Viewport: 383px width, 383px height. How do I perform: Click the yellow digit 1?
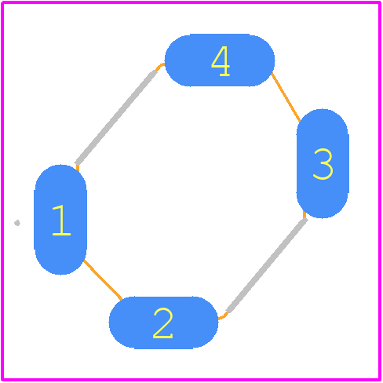(61, 221)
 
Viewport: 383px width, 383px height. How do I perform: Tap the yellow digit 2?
(162, 323)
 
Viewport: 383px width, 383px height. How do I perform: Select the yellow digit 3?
(323, 164)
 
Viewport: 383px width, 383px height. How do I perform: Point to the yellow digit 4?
(221, 61)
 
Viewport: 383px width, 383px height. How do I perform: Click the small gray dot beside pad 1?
(17, 223)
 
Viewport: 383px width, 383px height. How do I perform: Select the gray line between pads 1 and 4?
(115, 117)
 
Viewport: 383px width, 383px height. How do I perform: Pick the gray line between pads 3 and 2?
(267, 265)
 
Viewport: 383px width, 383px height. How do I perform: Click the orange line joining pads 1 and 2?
(103, 279)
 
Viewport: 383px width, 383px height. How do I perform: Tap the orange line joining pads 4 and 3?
(286, 97)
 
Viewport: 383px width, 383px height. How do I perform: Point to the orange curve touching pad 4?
(159, 66)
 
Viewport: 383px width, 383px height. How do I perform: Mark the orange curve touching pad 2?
(223, 316)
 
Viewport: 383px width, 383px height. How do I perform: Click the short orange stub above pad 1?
(78, 168)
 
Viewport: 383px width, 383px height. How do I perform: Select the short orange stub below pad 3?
(305, 214)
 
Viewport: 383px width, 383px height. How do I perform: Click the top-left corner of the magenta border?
(2, 2)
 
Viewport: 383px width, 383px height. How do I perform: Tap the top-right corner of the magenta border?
(380, 2)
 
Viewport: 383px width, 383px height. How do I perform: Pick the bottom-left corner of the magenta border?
(2, 380)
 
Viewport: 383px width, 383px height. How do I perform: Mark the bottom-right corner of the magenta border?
(380, 380)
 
